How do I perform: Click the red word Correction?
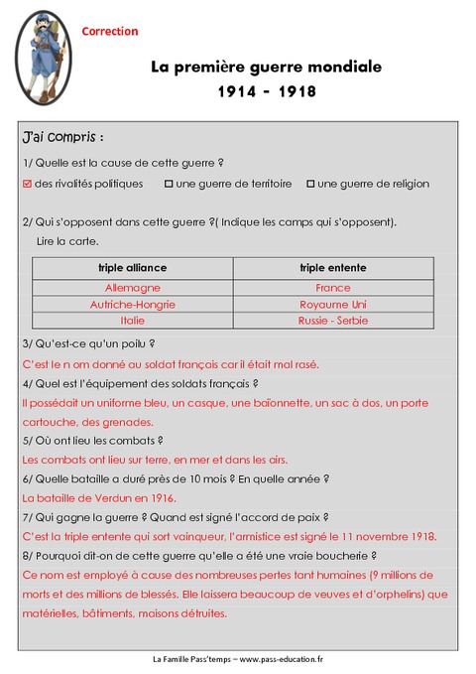pyautogui.click(x=109, y=32)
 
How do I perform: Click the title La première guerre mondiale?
pyautogui.click(x=266, y=67)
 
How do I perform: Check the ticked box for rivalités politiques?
pyautogui.click(x=27, y=184)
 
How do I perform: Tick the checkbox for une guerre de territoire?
pyautogui.click(x=169, y=184)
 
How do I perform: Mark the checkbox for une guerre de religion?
pyautogui.click(x=310, y=184)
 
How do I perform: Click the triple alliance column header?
pyautogui.click(x=132, y=268)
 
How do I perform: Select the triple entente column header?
pyautogui.click(x=333, y=268)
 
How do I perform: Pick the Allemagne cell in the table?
pyautogui.click(x=132, y=288)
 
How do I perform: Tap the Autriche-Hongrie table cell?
pyautogui.click(x=132, y=304)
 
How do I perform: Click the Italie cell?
pyautogui.click(x=132, y=321)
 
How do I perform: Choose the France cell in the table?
pyautogui.click(x=333, y=288)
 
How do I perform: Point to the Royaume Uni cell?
pyautogui.click(x=333, y=304)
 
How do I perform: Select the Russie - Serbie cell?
pyautogui.click(x=333, y=321)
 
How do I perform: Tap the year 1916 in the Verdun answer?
pyautogui.click(x=159, y=497)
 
